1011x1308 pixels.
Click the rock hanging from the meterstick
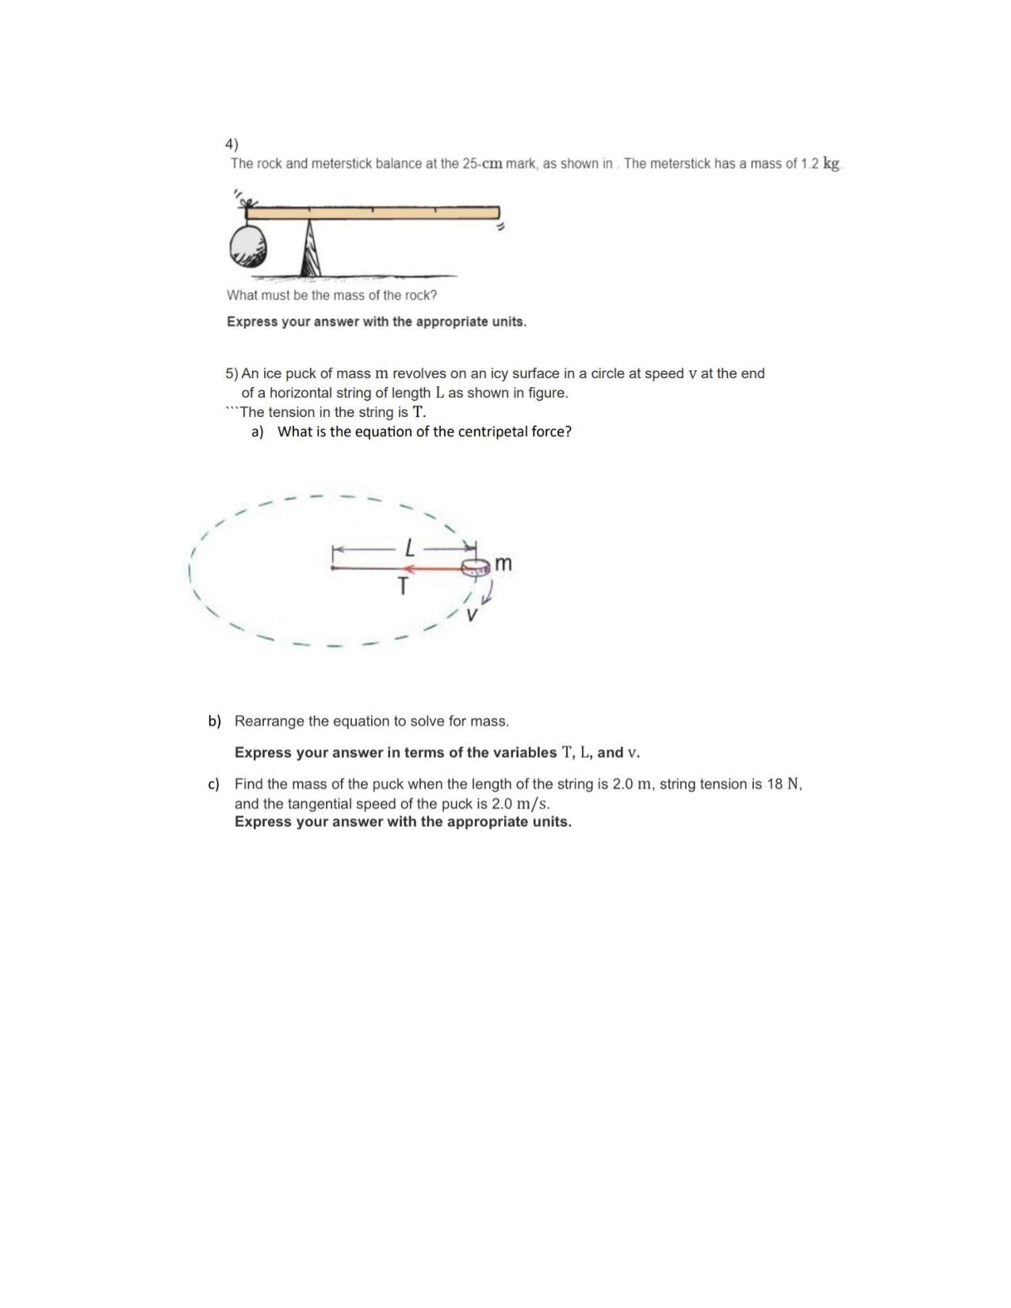click(248, 246)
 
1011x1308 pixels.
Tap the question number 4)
click(232, 144)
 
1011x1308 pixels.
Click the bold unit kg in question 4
click(831, 163)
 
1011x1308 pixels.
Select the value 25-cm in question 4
click(482, 164)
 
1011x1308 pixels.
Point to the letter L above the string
click(409, 547)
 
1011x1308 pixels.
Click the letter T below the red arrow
click(403, 587)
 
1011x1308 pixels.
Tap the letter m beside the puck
click(504, 564)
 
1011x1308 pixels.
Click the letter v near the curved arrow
click(473, 614)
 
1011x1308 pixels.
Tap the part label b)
click(214, 721)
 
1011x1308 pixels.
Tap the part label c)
click(213, 784)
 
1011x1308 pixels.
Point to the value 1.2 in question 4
click(809, 164)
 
